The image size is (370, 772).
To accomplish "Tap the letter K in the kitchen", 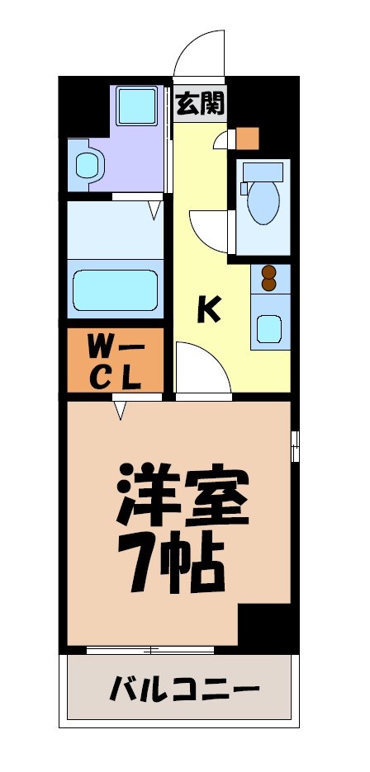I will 209,309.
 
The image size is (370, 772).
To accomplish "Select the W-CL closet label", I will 116,360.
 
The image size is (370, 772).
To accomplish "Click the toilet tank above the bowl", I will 263,172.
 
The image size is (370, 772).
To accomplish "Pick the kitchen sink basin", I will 269,327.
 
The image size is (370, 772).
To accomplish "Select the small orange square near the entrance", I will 248,138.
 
